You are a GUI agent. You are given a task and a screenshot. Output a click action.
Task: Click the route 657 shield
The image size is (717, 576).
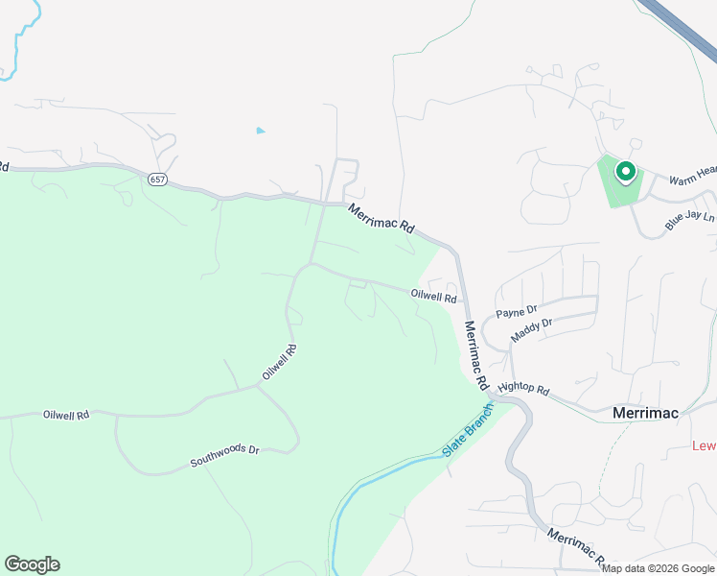pos(157,179)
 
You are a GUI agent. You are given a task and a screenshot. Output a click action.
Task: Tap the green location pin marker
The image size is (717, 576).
pos(625,173)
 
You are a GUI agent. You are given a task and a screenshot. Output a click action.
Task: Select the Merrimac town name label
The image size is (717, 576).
pos(645,413)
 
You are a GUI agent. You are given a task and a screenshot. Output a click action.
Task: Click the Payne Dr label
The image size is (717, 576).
pos(517,313)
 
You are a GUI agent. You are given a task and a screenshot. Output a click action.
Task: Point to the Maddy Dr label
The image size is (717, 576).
pos(532,330)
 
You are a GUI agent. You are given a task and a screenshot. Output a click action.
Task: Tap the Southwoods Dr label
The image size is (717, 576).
pos(224,455)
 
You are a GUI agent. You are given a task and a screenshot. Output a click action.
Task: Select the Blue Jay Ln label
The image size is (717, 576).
pos(690,222)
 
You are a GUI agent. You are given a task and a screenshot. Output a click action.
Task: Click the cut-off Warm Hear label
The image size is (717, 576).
pos(692,176)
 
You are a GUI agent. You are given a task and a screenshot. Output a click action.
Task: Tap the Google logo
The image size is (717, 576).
pos(32,564)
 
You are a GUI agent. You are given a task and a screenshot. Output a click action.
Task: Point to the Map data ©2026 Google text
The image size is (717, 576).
pos(659,568)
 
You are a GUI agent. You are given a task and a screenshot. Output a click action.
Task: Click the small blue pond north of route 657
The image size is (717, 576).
pos(260,131)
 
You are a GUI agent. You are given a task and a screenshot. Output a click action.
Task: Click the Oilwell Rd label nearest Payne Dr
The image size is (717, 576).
pos(433,297)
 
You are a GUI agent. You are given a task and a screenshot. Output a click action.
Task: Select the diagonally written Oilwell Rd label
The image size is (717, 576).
pos(279,362)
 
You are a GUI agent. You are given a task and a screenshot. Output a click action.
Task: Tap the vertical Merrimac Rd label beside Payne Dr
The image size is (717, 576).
pos(474,354)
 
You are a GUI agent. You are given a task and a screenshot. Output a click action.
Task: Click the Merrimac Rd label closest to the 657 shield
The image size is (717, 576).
pos(382,219)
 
